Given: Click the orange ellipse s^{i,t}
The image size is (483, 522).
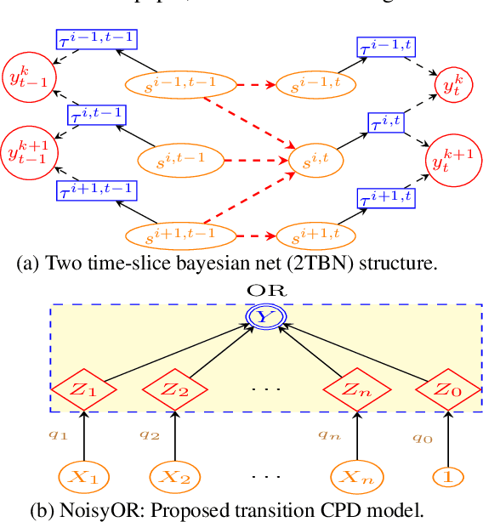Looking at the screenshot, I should point(307,159).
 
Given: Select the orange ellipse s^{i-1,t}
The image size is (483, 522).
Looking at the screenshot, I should point(307,85).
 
